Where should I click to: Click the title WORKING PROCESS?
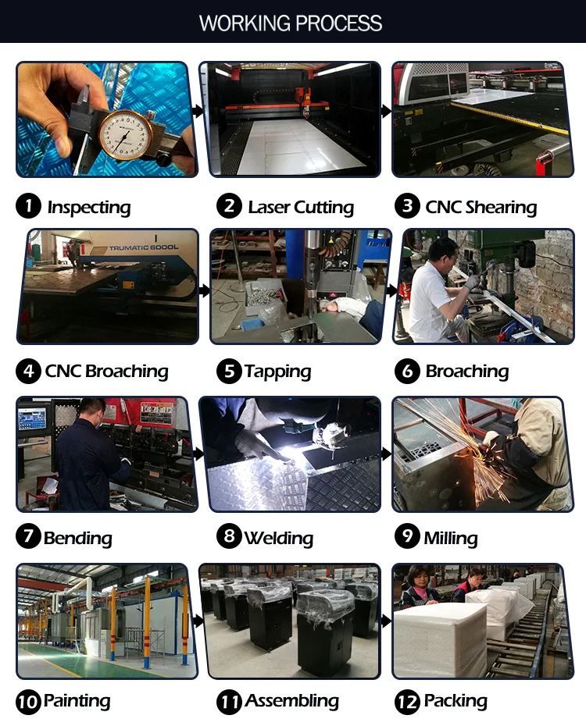coord(291,23)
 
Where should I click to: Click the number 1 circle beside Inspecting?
coord(29,206)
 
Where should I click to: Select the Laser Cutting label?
coord(301,208)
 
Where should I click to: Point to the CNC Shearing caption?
coord(481,207)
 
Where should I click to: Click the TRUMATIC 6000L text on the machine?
coord(144,247)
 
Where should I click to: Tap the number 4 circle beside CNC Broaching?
coord(29,371)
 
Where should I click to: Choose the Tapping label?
coord(277,372)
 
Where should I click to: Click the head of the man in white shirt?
coord(443,255)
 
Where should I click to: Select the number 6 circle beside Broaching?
coord(407,371)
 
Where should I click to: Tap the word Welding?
coord(279,538)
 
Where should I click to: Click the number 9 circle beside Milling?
coord(407,536)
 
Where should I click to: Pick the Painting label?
coord(77,701)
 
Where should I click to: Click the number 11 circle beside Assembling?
coord(229,702)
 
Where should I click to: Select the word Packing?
coord(456,702)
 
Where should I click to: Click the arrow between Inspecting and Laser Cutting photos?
coord(198,111)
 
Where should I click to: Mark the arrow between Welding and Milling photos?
coord(386,454)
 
